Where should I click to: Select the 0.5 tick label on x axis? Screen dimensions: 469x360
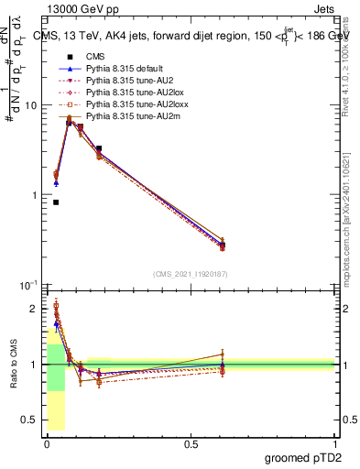(x=190, y=444)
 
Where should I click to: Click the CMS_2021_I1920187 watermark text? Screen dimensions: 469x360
(x=190, y=275)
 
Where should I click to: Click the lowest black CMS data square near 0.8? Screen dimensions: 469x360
(x=56, y=202)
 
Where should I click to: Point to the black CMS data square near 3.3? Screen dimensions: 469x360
(x=99, y=148)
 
